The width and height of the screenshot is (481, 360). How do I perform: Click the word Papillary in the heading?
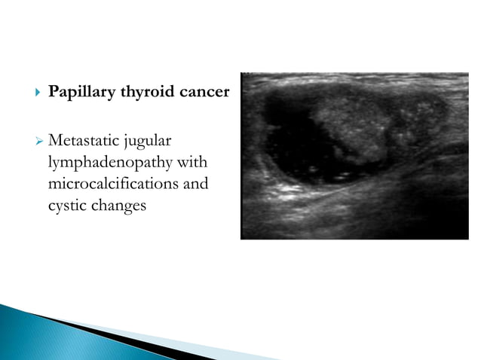[77, 93]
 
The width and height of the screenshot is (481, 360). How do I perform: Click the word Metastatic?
[84, 141]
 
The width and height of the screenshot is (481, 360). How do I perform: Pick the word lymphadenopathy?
[104, 163]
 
